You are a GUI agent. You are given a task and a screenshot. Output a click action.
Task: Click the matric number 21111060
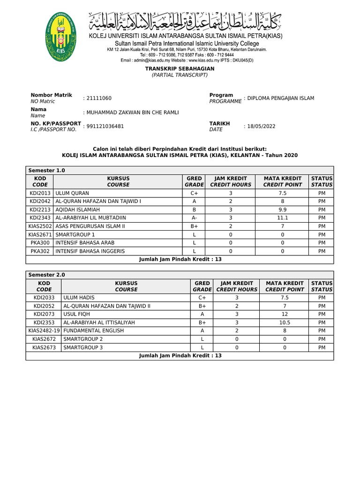click(x=98, y=98)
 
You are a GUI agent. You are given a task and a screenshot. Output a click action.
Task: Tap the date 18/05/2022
click(x=260, y=126)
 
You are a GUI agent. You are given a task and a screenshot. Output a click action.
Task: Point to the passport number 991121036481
click(x=105, y=126)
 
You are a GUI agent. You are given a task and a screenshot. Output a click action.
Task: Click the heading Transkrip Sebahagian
click(x=180, y=68)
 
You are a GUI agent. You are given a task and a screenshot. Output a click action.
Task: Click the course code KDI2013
click(x=40, y=193)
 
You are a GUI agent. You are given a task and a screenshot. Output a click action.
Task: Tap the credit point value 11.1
click(x=282, y=218)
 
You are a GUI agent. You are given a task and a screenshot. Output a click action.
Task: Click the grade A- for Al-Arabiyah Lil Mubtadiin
click(x=194, y=218)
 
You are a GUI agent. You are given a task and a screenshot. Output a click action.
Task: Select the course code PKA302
click(x=40, y=251)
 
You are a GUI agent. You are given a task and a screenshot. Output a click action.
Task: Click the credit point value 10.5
click(x=285, y=322)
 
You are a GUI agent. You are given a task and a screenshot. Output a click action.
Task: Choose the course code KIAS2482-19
click(x=44, y=331)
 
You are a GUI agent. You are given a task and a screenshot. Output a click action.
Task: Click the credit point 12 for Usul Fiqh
click(x=285, y=314)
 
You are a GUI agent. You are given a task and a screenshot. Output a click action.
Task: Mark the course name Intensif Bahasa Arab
click(x=85, y=243)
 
